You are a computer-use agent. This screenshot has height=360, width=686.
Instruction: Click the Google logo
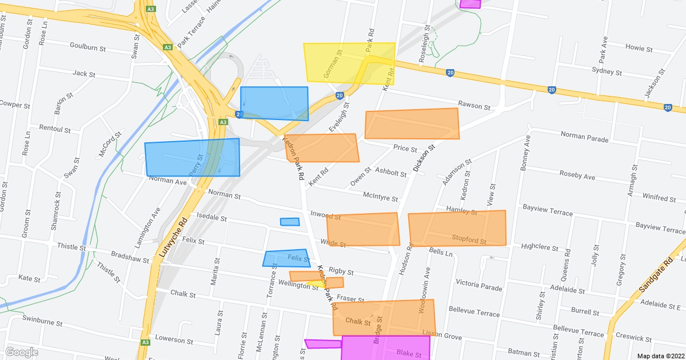pos(22,351)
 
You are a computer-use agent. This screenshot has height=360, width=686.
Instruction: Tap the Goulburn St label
pos(89,45)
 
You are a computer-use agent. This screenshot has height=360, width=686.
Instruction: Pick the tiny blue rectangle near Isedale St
pos(290,222)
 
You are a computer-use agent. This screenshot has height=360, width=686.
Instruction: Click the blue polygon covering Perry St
pos(192,157)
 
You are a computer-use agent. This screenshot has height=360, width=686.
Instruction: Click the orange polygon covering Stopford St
pos(457,228)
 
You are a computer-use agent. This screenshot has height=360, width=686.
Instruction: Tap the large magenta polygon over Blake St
pos(386,348)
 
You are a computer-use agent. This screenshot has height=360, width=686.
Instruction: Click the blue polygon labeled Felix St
pos(286,258)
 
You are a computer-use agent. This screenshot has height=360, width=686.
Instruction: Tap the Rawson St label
pos(474,107)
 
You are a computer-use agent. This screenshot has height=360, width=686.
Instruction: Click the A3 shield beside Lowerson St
pos(145,342)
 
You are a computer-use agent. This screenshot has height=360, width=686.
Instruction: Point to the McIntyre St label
pos(380,197)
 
